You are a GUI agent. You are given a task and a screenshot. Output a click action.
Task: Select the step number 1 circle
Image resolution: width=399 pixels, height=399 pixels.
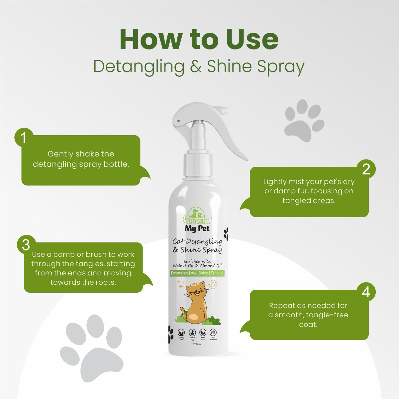point(24,138)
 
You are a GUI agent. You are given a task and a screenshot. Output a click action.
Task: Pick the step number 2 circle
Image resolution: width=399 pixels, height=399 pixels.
point(366,169)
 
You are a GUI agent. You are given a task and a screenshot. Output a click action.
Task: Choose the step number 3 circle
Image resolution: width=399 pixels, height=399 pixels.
point(26,245)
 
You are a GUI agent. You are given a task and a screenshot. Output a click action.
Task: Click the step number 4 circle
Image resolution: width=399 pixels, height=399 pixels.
point(366,292)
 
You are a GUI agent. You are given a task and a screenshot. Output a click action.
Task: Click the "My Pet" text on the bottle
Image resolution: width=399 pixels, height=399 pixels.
point(197,229)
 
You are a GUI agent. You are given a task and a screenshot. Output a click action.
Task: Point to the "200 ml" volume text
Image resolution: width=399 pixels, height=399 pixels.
point(197,344)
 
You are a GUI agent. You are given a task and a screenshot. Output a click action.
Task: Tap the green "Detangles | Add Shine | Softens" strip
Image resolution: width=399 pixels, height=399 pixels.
point(197,273)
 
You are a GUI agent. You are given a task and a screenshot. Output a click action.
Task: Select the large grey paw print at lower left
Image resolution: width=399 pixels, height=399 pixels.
point(92,348)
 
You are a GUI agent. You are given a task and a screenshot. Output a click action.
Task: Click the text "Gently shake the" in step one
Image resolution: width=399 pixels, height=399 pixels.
point(81,154)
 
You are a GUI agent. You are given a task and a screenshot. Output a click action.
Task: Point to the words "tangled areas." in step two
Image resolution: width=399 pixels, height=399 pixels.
point(309,200)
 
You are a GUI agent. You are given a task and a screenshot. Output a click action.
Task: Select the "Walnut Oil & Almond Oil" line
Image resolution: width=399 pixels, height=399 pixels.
point(197,265)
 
